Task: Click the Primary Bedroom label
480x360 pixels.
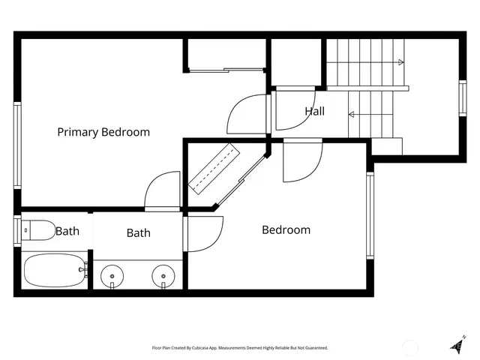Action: pos(103,132)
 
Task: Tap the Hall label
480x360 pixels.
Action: pos(315,112)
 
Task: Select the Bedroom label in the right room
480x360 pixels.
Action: pos(286,229)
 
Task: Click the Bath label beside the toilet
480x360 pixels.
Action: pos(67,231)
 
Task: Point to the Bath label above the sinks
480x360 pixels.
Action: pos(138,233)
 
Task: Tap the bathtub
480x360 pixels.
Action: pos(54,271)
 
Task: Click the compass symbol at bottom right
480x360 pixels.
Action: pos(457,345)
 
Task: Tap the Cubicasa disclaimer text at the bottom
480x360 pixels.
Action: pos(240,348)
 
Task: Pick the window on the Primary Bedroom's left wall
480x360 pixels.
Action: pos(17,146)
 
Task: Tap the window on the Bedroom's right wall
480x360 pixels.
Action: pos(369,215)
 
